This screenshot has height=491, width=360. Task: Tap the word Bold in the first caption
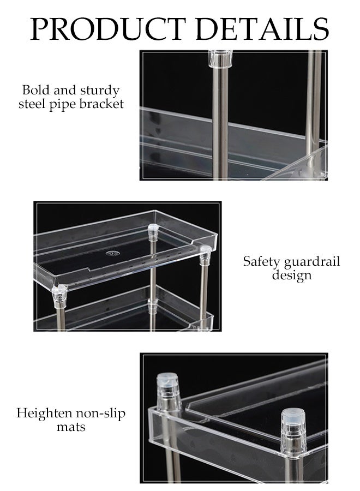[x=35, y=90]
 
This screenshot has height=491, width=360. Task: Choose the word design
[x=292, y=275]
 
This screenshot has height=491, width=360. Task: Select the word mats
[x=71, y=427]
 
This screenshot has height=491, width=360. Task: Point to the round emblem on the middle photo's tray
[x=114, y=253]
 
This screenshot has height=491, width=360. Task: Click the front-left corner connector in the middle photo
[x=59, y=294]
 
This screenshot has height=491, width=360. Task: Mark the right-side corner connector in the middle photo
[x=206, y=254]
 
